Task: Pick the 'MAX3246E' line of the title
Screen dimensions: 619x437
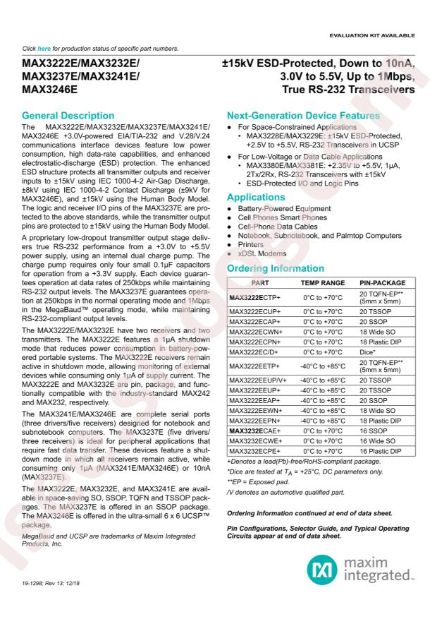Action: (x=50, y=91)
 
